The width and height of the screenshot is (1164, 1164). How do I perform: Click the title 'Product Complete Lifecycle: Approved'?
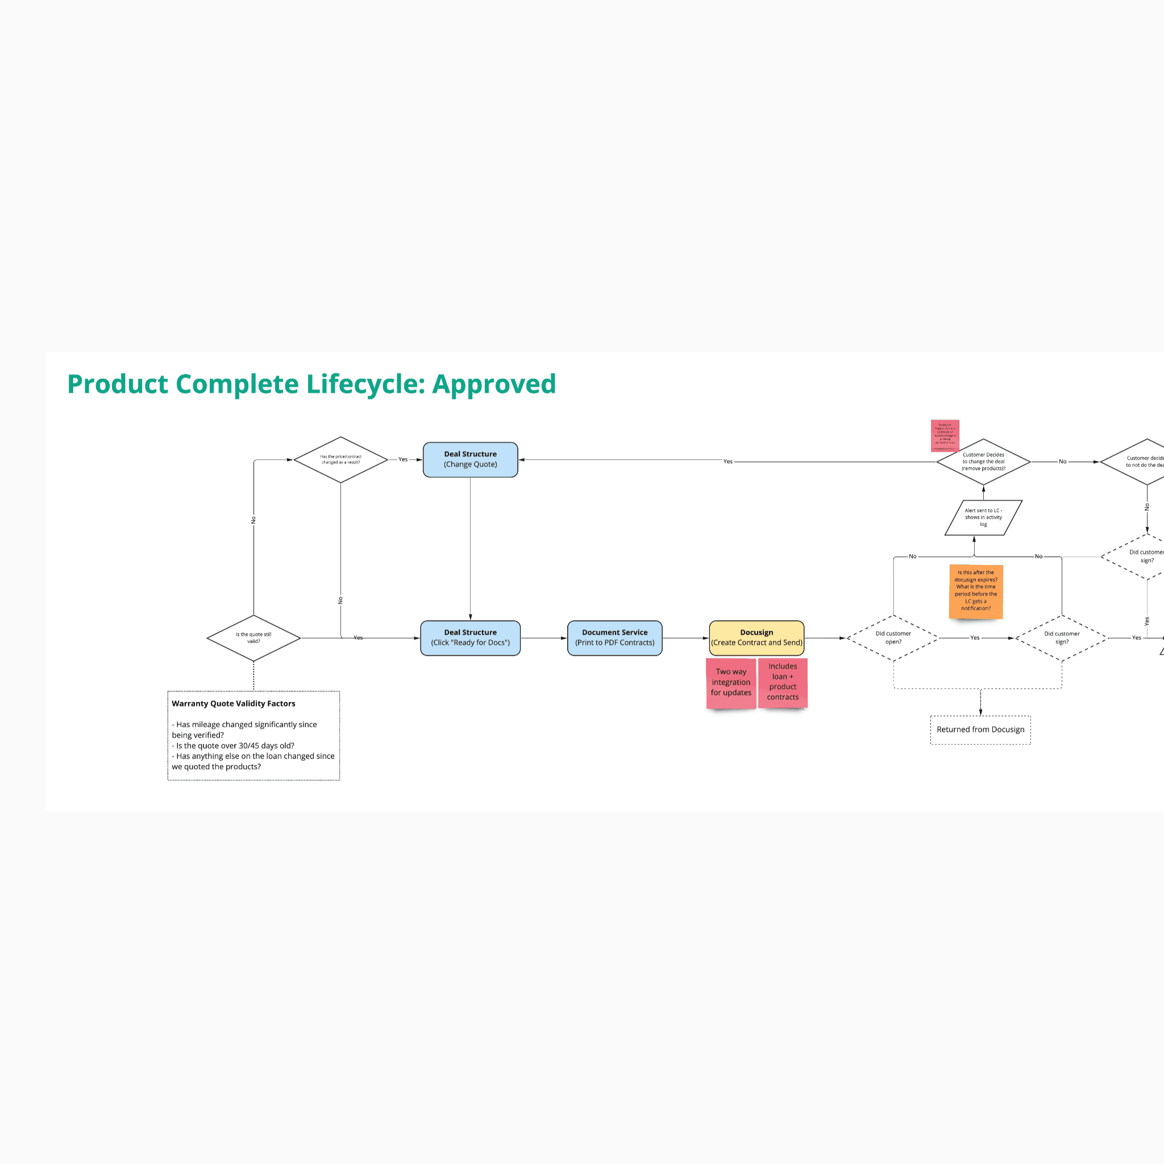coord(311,384)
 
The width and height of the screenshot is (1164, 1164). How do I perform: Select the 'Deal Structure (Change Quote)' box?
coord(470,460)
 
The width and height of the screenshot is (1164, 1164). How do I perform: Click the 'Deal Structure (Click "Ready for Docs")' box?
coord(470,638)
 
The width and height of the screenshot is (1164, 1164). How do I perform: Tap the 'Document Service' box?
coord(614,638)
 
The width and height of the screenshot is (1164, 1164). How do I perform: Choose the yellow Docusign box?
coord(756,638)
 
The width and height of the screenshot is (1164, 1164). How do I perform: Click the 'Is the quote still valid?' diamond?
coord(253,638)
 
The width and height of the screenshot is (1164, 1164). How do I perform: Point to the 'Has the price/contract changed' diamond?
coord(340,460)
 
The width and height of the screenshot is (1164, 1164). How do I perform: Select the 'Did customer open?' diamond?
coord(893,638)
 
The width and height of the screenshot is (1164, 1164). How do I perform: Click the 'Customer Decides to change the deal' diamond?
coord(983,462)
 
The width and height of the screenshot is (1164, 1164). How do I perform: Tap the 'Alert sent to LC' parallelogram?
coord(983,518)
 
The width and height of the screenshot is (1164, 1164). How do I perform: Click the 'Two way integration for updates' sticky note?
coord(731,683)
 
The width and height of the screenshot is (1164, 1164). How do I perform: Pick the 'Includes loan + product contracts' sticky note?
coord(783,682)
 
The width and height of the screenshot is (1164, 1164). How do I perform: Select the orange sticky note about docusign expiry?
coord(975,591)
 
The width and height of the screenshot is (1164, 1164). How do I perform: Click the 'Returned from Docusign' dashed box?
coord(980,730)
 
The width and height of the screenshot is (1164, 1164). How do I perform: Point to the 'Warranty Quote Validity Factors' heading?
coord(234,704)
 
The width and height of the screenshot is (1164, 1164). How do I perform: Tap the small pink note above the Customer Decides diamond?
coord(945,435)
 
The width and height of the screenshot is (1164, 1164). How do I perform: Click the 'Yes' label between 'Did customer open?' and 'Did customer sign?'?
coord(975,638)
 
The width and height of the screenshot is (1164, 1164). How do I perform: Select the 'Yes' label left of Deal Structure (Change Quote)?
coord(403,460)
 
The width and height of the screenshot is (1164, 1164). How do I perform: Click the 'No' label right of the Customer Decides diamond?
coord(1063,462)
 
